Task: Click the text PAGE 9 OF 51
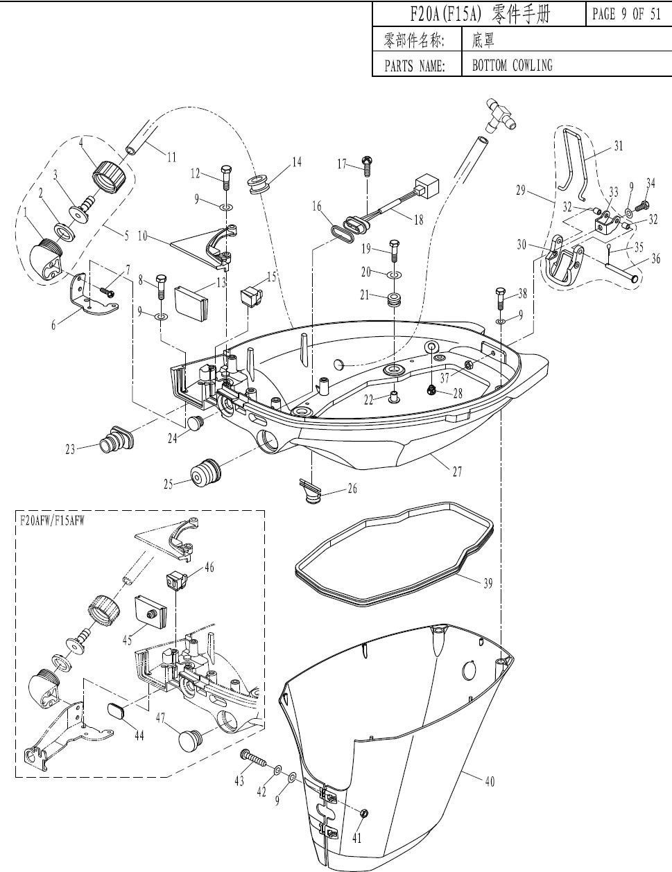626,15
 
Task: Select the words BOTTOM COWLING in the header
512,65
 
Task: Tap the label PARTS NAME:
414,66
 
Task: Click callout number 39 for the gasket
488,584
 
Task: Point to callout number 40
490,781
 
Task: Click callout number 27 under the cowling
457,472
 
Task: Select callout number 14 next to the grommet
297,162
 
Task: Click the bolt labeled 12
227,177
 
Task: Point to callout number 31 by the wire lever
618,146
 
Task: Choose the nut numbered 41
365,813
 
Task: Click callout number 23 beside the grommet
70,449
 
